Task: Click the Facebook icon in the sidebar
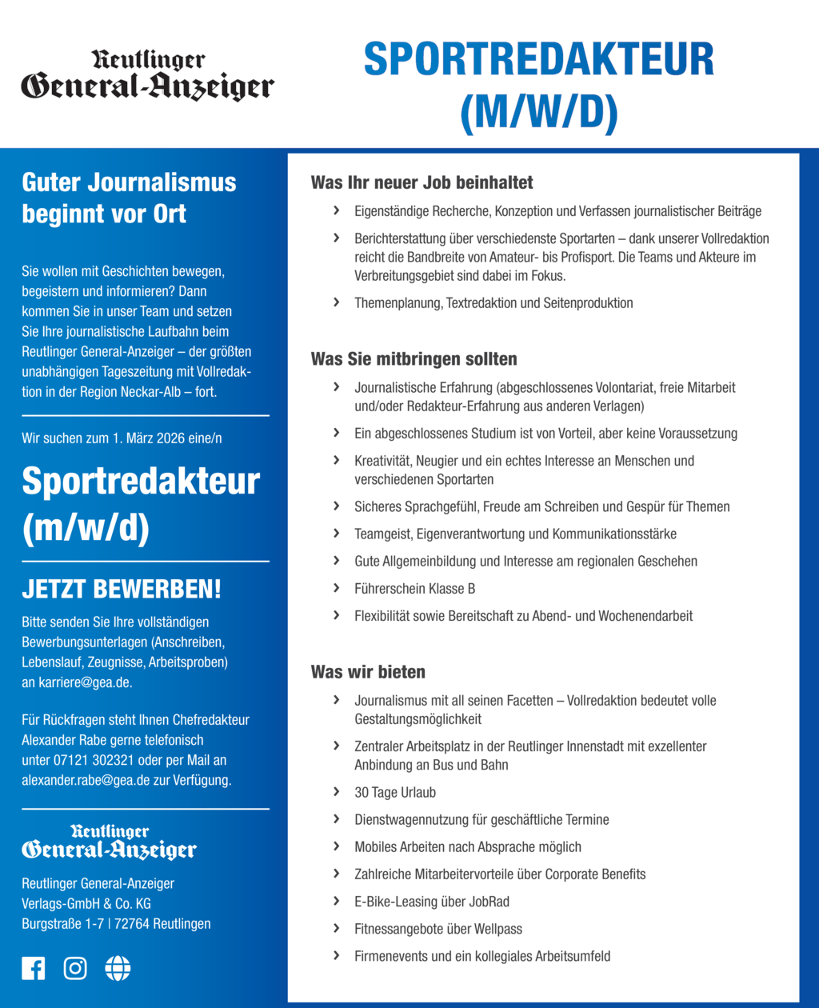(33, 968)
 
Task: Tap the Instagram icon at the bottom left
(75, 968)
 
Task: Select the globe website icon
(118, 968)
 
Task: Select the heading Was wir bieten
(368, 671)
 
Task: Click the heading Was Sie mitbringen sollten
(413, 358)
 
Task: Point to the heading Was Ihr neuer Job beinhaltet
(421, 182)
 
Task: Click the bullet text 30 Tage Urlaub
(395, 792)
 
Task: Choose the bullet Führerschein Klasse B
(414, 589)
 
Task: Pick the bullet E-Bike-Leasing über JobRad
(432, 902)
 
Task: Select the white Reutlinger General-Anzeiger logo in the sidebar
(109, 842)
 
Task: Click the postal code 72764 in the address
(134, 924)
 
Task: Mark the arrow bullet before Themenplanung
(336, 302)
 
